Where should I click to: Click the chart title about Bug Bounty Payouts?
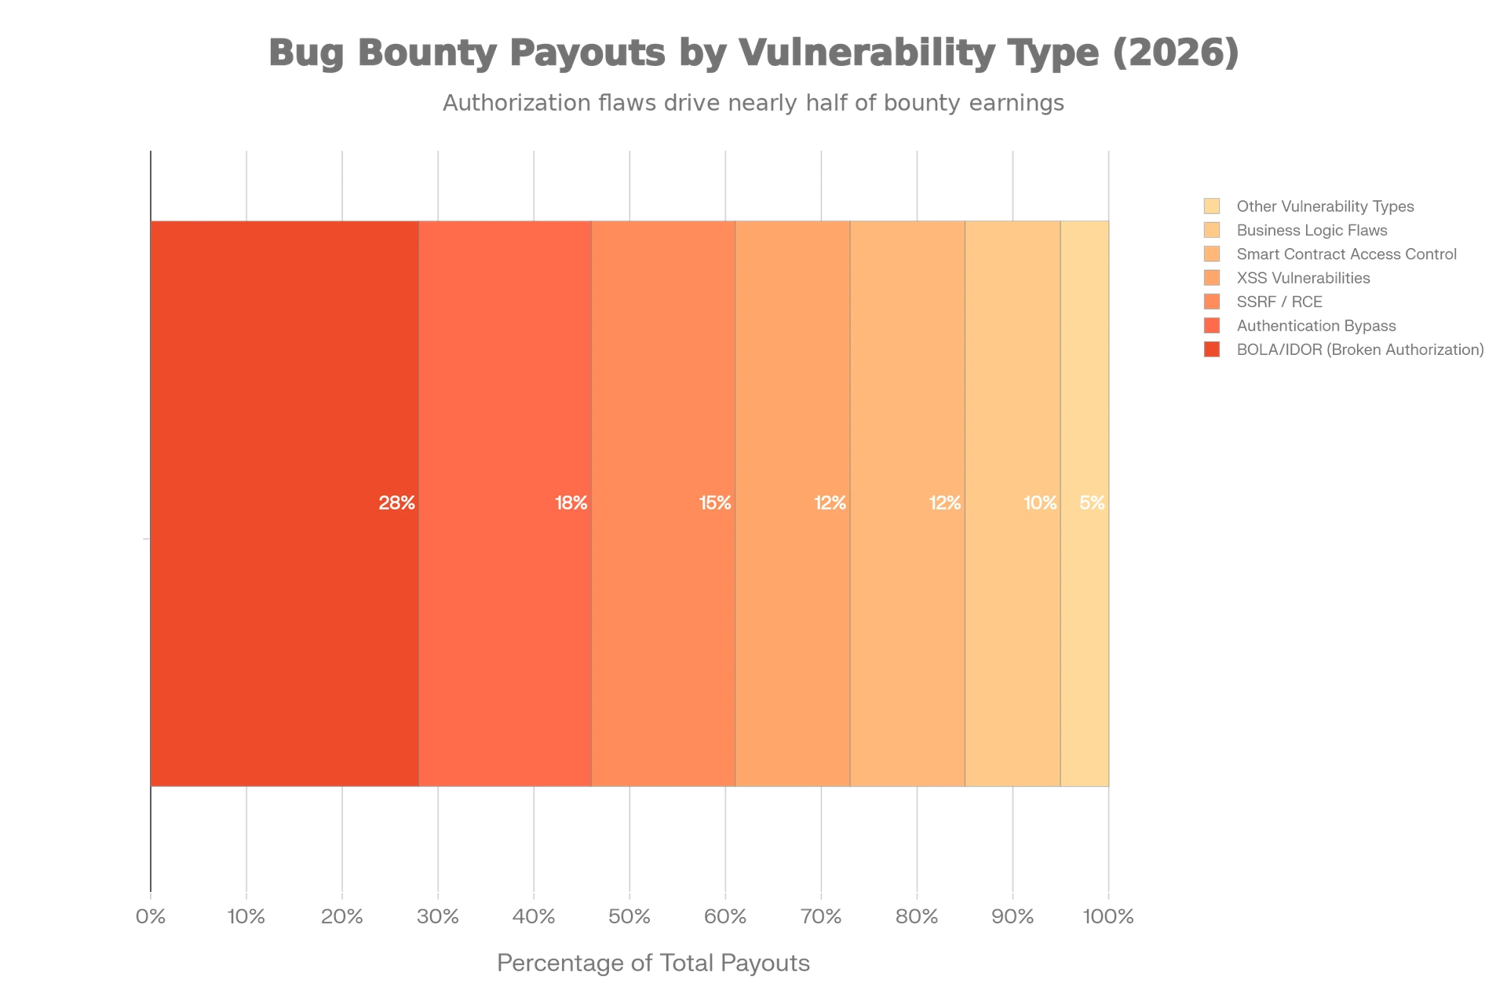pos(753,53)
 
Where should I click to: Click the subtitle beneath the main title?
pos(753,103)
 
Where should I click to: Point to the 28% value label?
pos(396,503)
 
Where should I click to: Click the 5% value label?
pos(1092,503)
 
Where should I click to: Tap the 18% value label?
pos(571,503)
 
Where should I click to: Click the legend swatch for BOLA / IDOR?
pos(1212,349)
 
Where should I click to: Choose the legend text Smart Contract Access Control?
pos(1345,254)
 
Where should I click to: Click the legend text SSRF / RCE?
pos(1278,301)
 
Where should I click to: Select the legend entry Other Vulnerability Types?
pos(1323,206)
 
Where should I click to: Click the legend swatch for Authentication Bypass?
pos(1212,325)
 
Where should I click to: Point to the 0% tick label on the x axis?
pos(151,916)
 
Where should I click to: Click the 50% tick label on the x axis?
pos(629,916)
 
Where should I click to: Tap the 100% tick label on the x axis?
pos(1107,916)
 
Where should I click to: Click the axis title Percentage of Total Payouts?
pos(655,962)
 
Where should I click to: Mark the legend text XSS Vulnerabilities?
pos(1302,278)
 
